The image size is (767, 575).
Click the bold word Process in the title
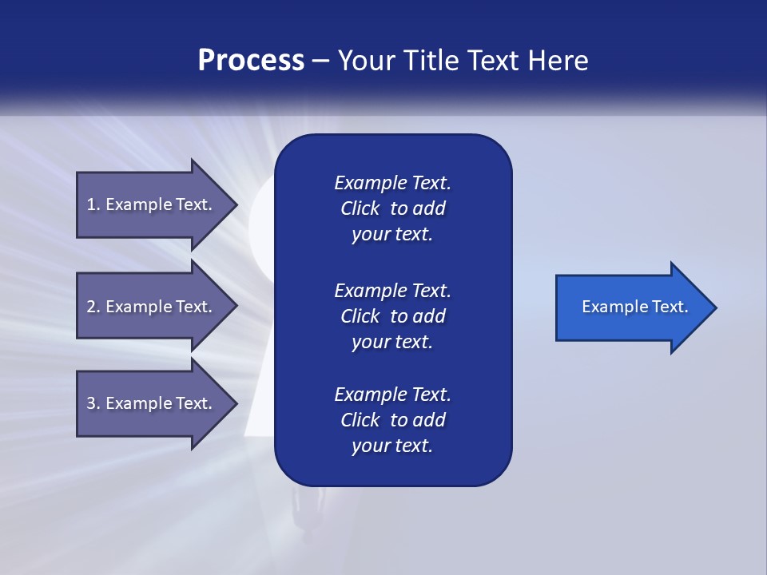pyautogui.click(x=251, y=61)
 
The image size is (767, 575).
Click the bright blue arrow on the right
pyautogui.click(x=631, y=307)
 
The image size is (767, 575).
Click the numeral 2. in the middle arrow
pyautogui.click(x=93, y=307)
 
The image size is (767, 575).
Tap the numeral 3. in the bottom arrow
pyautogui.click(x=93, y=403)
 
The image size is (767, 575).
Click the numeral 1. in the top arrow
pyautogui.click(x=93, y=204)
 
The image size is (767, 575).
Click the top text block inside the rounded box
pyautogui.click(x=392, y=208)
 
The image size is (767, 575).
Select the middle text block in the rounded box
pyautogui.click(x=392, y=316)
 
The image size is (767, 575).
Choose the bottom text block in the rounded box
pyautogui.click(x=392, y=420)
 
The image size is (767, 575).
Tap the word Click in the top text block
pyautogui.click(x=360, y=208)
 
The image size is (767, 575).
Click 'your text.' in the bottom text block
pyautogui.click(x=392, y=446)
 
